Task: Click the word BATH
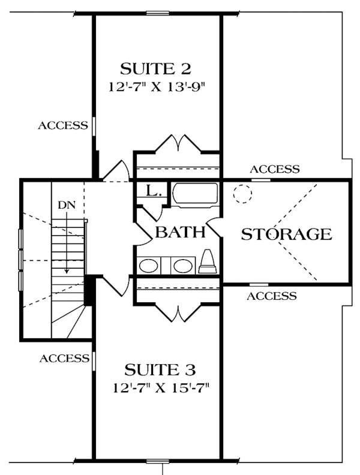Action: [x=181, y=232]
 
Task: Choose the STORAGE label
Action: [x=286, y=234]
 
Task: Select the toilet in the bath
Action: [x=208, y=262]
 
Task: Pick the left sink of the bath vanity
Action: [x=148, y=264]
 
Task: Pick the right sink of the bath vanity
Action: [x=181, y=264]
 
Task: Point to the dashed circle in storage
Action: [x=243, y=194]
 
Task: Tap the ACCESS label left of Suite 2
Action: [x=63, y=125]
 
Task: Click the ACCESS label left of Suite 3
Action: [x=64, y=359]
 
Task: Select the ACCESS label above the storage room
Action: [x=274, y=169]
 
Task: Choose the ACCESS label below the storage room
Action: [x=271, y=296]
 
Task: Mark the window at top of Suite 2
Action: [x=157, y=13]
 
